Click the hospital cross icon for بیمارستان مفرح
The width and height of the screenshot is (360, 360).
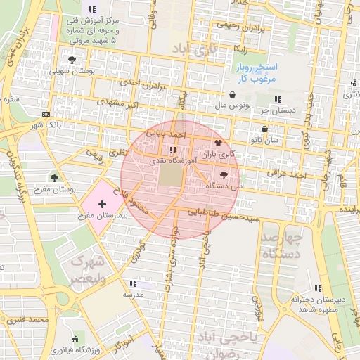pyautogui.click(x=103, y=202)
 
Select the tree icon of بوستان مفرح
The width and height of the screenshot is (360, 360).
pyautogui.click(x=54, y=177)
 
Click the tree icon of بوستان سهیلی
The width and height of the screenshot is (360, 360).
pyautogui.click(x=72, y=60)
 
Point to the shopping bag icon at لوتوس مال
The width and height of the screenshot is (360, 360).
pyautogui.click(x=232, y=95)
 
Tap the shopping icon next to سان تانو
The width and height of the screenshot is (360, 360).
pyautogui.click(x=264, y=129)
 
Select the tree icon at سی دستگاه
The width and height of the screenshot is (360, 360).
pyautogui.click(x=224, y=174)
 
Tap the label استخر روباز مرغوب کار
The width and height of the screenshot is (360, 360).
pyautogui.click(x=257, y=72)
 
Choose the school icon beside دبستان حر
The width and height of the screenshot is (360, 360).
pyautogui.click(x=278, y=99)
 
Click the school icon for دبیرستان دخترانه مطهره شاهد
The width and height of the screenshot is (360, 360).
pyautogui.click(x=318, y=288)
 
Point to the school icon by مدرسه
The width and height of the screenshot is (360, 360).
pyautogui.click(x=130, y=284)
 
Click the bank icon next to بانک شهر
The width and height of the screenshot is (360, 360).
pyautogui.click(x=46, y=114)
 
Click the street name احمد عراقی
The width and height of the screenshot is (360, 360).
pyautogui.click(x=284, y=173)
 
